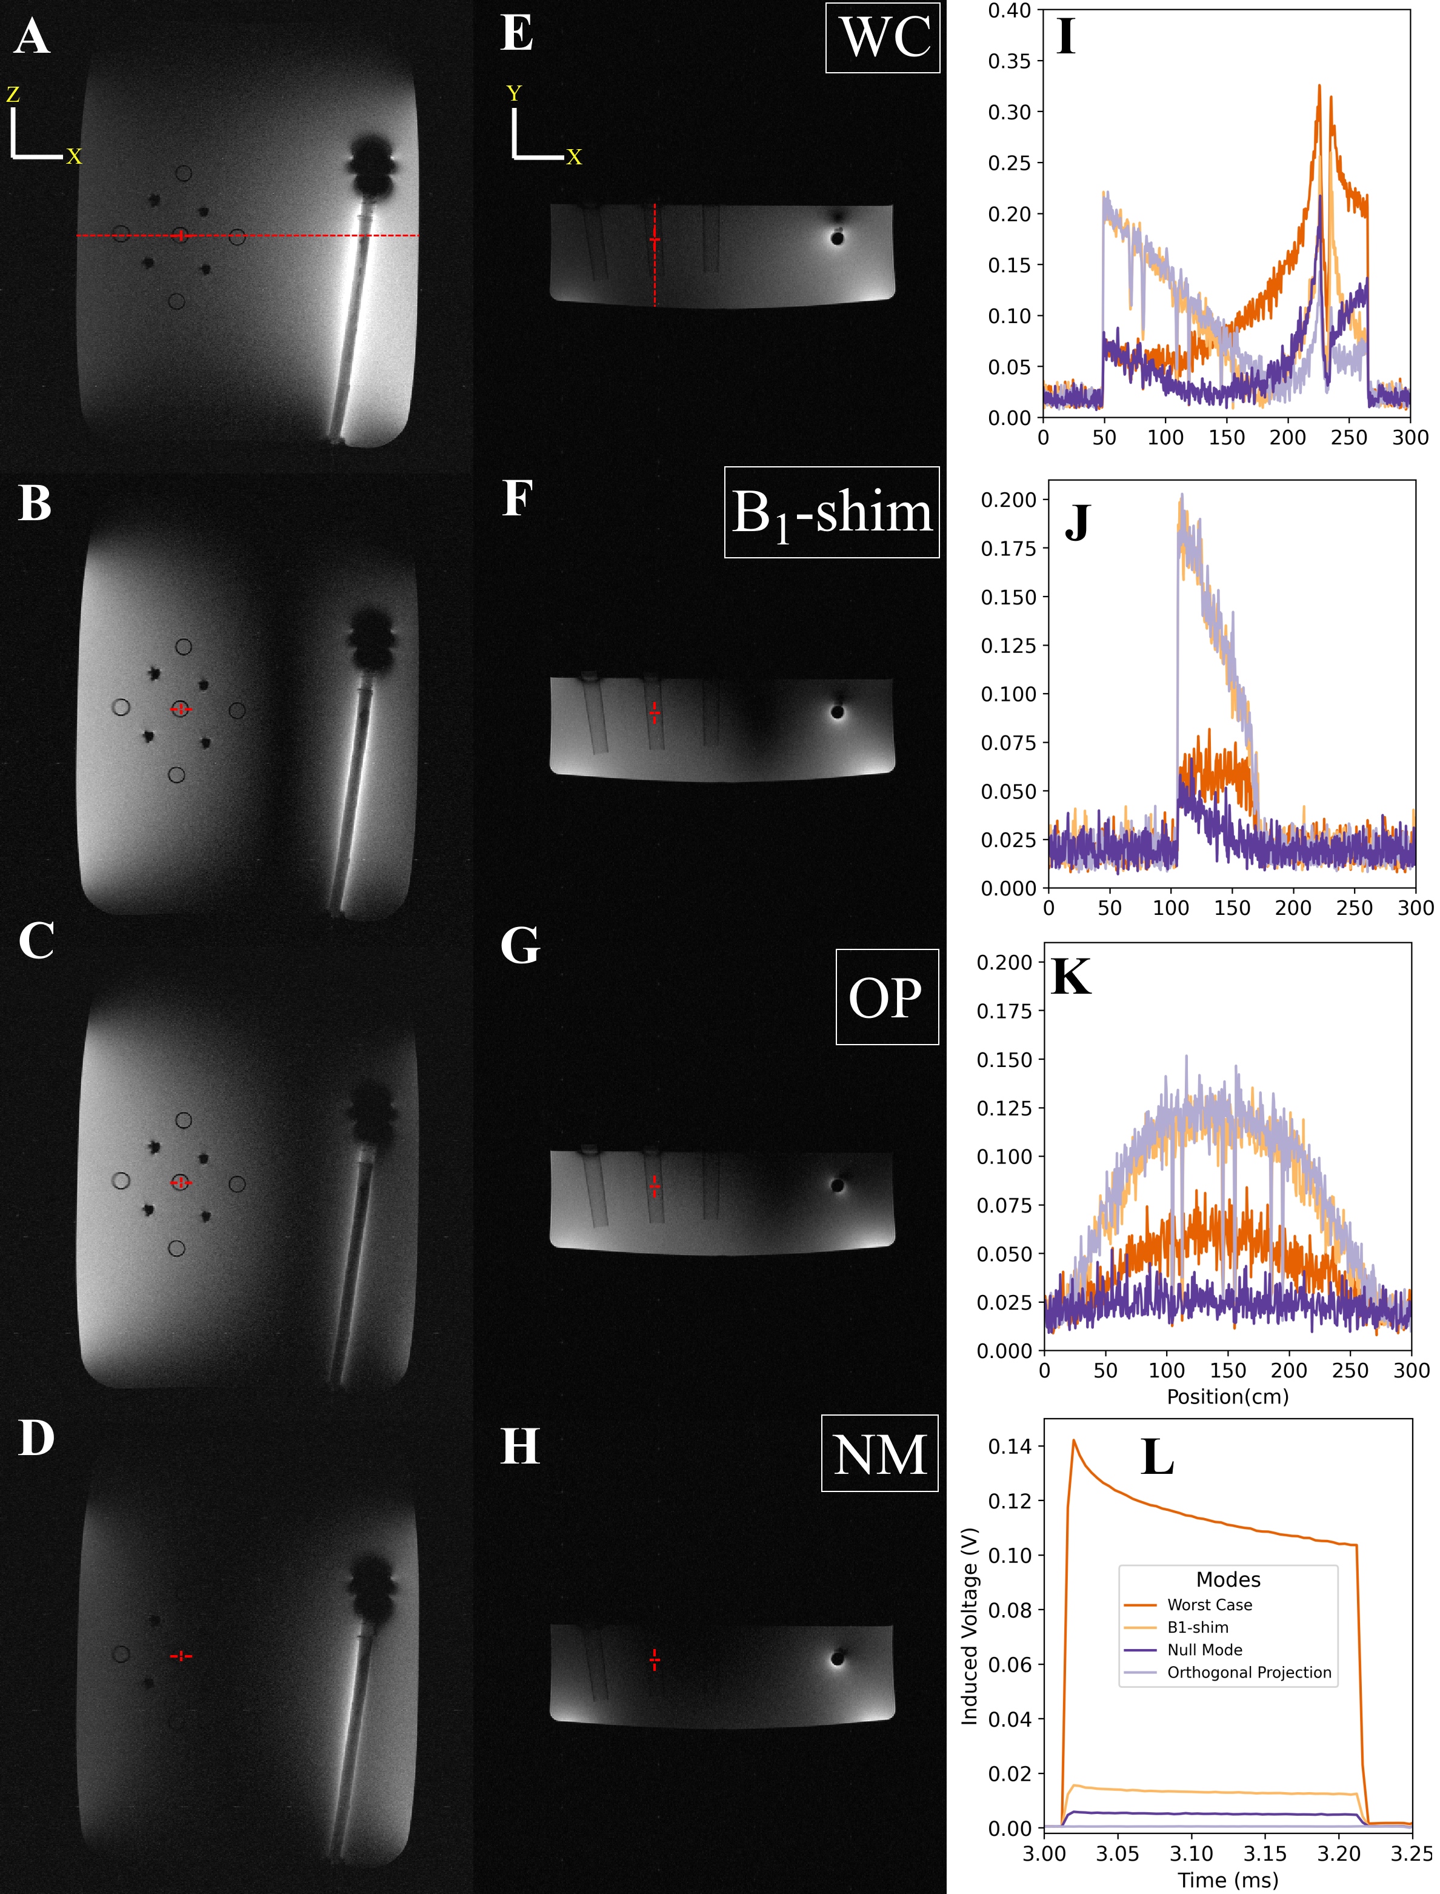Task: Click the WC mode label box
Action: (883, 38)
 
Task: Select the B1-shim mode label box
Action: (832, 513)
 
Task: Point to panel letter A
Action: (32, 38)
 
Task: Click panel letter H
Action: (519, 1447)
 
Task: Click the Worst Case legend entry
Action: (1208, 1605)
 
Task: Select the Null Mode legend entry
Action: (1204, 1650)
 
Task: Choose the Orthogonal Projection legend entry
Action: (1249, 1672)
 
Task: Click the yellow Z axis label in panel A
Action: (13, 95)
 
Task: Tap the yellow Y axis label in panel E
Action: (513, 93)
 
